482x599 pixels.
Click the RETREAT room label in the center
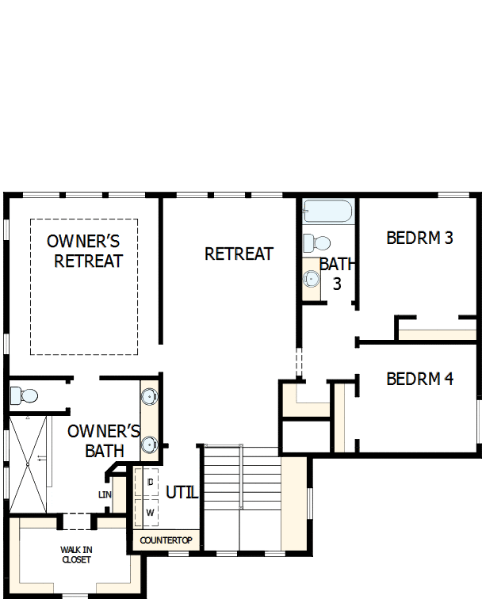coord(239,254)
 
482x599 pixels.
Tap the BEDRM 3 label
coord(419,238)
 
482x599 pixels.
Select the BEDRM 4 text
coord(419,379)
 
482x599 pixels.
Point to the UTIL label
coord(182,492)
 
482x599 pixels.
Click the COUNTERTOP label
coord(165,540)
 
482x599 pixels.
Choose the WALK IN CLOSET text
coord(76,555)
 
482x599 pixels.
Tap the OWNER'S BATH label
coord(104,441)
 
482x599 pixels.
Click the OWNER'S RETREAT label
coord(84,250)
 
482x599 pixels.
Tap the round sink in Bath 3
coord(312,278)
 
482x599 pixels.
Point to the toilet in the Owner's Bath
coord(24,394)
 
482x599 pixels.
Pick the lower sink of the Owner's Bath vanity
coord(149,444)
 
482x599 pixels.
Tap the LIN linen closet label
coord(104,494)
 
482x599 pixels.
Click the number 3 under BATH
coord(337,283)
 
